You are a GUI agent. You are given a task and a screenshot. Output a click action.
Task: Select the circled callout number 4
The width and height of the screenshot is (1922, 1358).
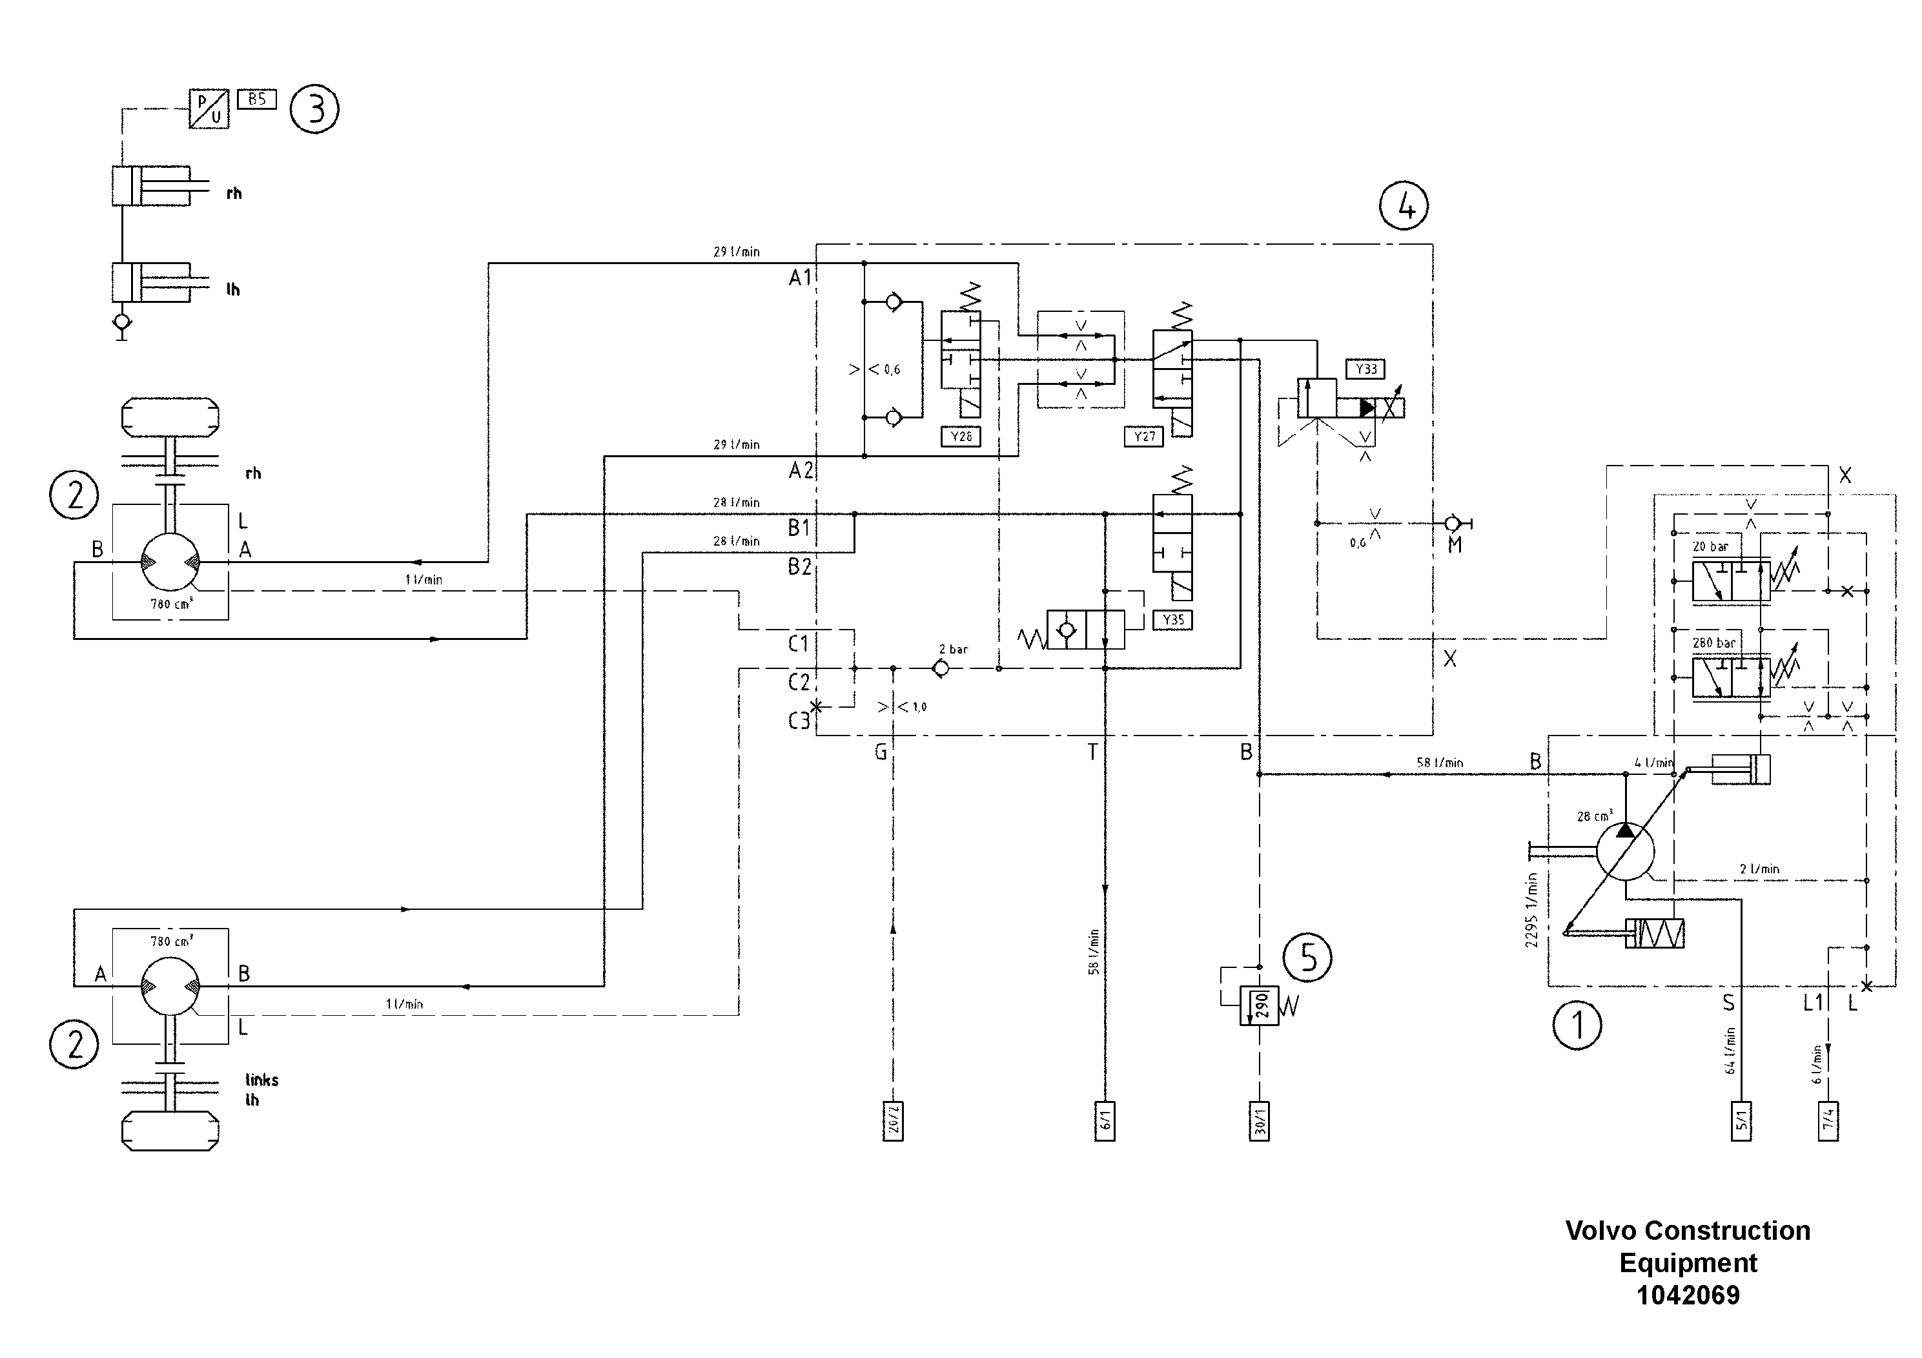[1404, 205]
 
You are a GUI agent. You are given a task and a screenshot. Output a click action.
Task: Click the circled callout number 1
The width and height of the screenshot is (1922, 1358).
[1577, 1025]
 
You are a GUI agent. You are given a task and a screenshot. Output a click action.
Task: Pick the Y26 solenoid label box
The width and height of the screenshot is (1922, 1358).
[961, 437]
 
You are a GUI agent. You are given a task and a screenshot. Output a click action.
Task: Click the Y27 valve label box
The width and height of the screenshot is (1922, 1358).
[1143, 437]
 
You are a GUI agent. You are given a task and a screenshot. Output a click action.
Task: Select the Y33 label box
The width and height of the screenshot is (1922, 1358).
[1366, 369]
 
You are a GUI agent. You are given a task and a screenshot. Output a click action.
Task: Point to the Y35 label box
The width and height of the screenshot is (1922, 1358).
[1173, 621]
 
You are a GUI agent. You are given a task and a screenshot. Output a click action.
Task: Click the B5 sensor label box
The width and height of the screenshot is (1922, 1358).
[257, 99]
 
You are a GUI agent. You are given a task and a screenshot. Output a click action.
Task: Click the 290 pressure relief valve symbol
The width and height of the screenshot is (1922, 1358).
[1259, 1005]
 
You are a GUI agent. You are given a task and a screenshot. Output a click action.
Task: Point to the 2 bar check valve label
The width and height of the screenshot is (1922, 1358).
[953, 649]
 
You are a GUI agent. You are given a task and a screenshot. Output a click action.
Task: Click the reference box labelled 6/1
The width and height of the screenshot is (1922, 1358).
[1105, 1121]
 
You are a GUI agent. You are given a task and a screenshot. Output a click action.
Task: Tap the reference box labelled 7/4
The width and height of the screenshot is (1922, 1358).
[1828, 1121]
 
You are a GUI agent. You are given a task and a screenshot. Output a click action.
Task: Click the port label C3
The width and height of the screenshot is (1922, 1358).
[799, 721]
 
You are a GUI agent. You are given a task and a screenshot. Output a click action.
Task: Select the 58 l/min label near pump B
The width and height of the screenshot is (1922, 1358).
[1439, 763]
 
